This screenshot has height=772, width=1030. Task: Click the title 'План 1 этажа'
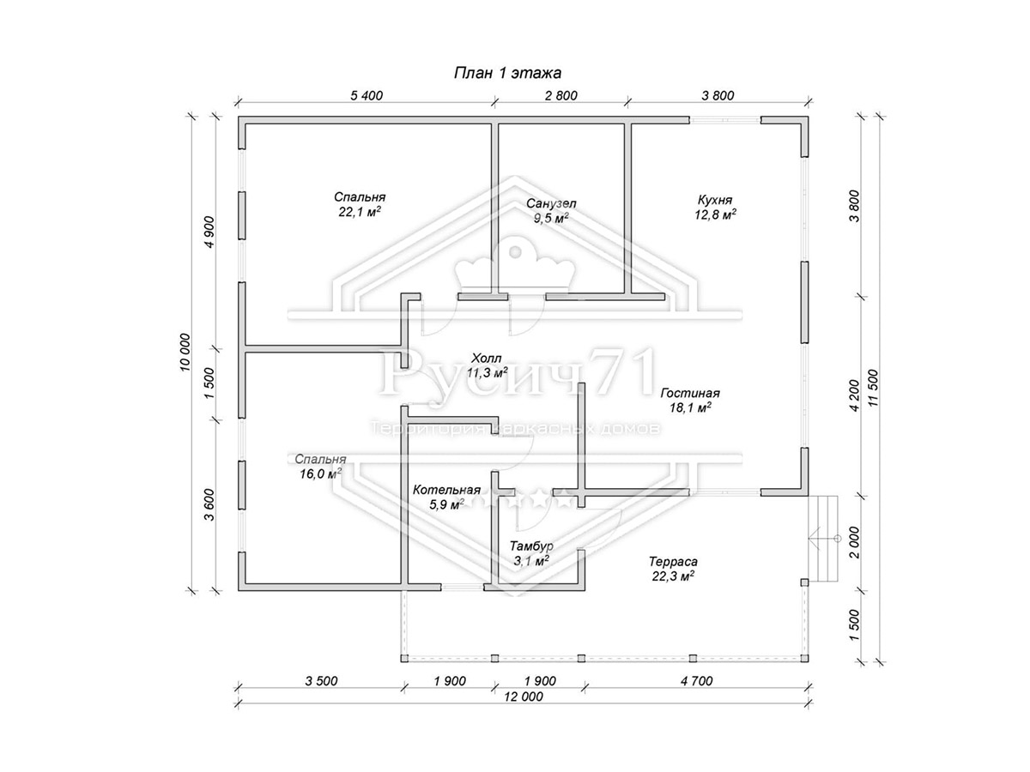(507, 73)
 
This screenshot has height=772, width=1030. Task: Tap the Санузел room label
(551, 203)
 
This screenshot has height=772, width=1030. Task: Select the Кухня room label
(715, 200)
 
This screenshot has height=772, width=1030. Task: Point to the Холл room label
(487, 359)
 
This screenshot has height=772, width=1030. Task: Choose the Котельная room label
(446, 491)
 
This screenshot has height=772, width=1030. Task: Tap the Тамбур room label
(531, 546)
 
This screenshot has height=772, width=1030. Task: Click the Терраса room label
(673, 562)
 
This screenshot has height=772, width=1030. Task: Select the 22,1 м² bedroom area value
(360, 212)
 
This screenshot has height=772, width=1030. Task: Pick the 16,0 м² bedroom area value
(320, 473)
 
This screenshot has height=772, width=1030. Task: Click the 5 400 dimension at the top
(367, 95)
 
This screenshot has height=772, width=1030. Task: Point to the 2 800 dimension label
(560, 95)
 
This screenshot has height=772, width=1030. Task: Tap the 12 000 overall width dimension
(524, 697)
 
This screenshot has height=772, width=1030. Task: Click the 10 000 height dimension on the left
(185, 353)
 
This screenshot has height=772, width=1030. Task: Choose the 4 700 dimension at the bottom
(696, 680)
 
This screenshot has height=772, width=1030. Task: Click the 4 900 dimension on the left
(209, 232)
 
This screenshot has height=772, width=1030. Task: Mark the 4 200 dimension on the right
(855, 395)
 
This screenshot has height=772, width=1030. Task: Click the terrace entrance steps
(825, 539)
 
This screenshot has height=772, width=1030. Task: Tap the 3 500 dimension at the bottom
(321, 680)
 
